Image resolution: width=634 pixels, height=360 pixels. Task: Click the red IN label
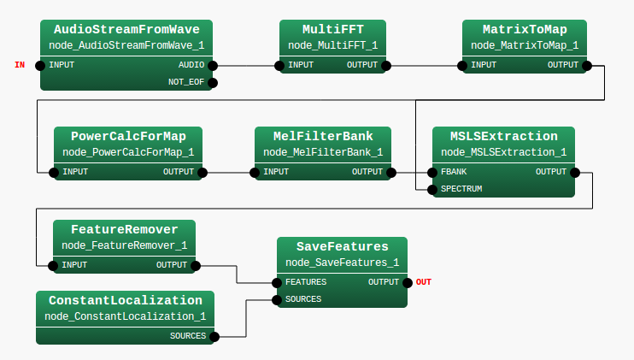pos(20,65)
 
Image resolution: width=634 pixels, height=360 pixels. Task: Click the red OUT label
pos(424,282)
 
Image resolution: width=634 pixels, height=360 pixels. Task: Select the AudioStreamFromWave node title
pos(126,29)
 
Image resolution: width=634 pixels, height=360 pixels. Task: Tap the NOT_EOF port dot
pos(214,83)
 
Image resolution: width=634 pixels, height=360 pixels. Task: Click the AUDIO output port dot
pos(213,65)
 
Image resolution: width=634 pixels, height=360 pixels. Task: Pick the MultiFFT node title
pos(332,29)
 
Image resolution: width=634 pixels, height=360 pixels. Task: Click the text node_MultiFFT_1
pos(332,45)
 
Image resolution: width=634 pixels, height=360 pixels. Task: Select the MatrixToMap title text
pos(525,29)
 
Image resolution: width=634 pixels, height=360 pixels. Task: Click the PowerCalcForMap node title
pos(128,136)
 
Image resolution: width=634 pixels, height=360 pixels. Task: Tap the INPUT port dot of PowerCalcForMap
pos(54,172)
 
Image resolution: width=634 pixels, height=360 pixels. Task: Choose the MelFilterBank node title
pos(323,136)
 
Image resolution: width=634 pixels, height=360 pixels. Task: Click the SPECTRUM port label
pos(461,188)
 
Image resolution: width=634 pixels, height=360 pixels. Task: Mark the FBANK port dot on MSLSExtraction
pos(431,172)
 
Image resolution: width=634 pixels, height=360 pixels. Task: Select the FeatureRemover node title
pos(125,229)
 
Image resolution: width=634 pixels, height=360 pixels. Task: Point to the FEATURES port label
pos(305,282)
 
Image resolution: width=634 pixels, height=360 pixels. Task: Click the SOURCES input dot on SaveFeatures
pos(277,299)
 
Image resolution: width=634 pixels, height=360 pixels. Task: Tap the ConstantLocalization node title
pos(126,300)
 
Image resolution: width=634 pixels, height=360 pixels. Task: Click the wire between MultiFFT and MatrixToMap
pos(425,65)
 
